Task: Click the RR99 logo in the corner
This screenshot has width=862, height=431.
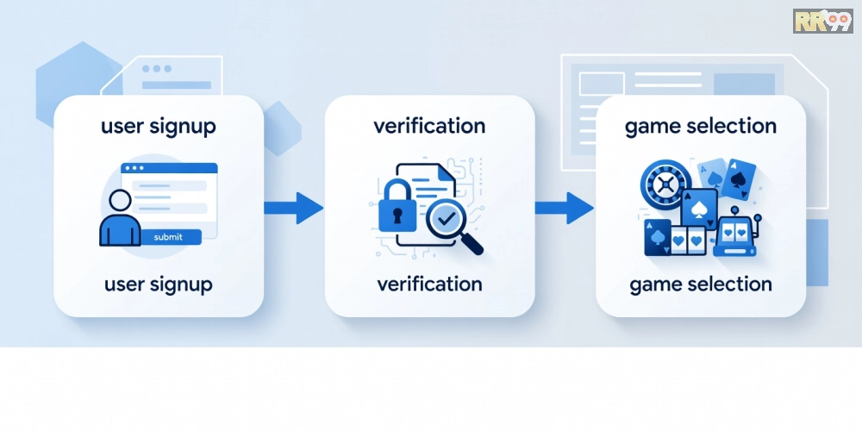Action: pos(823,21)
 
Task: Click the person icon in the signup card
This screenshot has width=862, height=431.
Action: pos(120,218)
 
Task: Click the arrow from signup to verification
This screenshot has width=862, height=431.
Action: pos(293,208)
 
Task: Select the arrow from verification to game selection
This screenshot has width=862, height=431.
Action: pos(564,208)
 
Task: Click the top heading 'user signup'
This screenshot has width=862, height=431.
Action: pos(159,127)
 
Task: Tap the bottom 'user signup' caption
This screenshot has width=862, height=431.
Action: pos(159,284)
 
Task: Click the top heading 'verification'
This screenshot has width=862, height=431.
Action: pos(429,126)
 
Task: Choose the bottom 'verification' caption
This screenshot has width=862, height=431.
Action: pos(429,284)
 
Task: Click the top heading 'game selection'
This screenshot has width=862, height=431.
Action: pos(701,127)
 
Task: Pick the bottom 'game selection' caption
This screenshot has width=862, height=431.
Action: pos(701,284)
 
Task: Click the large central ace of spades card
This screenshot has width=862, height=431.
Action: pos(699,209)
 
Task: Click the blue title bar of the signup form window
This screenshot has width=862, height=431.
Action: pos(169,168)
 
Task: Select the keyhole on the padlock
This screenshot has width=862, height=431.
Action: pos(397,215)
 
